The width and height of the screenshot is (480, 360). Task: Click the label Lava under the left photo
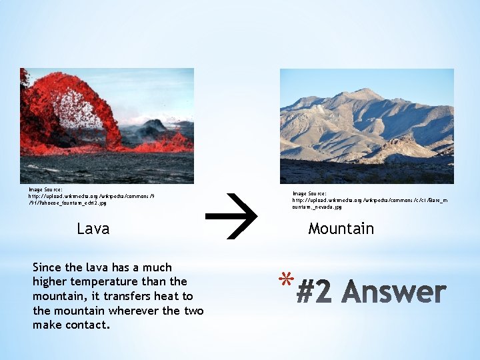point(93,229)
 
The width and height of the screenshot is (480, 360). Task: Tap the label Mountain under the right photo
point(341,229)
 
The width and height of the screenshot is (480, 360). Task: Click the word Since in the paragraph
point(47,267)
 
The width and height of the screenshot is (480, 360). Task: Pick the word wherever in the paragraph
point(133,311)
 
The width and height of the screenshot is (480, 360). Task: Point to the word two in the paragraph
point(193,311)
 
